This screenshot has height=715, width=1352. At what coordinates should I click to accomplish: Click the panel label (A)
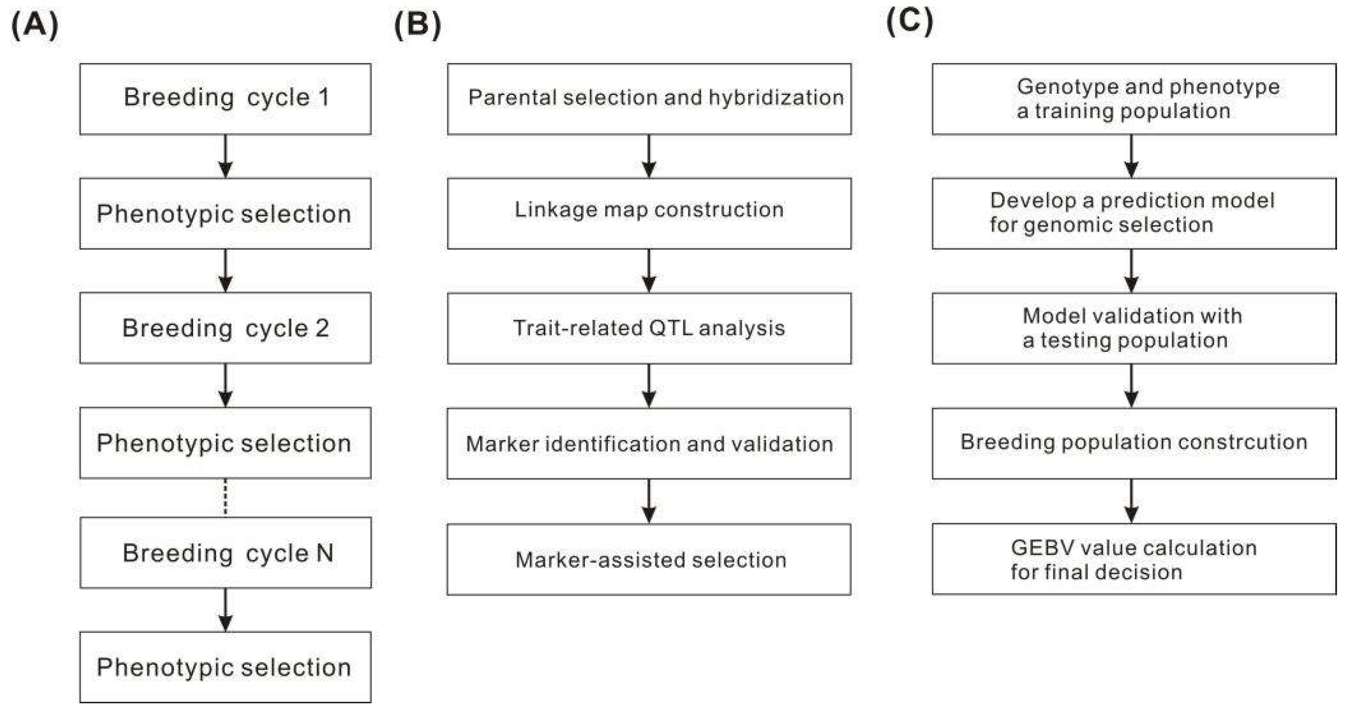[35, 25]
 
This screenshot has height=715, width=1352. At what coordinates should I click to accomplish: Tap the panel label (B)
[417, 25]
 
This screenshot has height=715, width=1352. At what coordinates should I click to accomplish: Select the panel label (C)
[910, 22]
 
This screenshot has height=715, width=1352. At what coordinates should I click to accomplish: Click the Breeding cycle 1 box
[225, 99]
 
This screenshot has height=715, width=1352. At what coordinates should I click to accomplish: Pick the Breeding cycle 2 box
[225, 328]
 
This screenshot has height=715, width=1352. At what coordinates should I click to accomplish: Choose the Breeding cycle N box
[225, 553]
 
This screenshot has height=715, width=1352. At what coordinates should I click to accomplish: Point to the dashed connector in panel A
[225, 497]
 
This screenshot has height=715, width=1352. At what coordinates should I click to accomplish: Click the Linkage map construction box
[649, 212]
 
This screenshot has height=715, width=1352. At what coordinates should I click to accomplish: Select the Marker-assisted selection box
[649, 560]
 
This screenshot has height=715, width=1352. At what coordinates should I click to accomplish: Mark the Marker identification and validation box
[649, 444]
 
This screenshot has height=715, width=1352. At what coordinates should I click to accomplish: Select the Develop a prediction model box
[1134, 212]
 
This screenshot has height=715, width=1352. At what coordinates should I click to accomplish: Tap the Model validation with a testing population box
[1134, 328]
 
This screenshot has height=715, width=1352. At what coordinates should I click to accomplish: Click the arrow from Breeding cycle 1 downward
[225, 156]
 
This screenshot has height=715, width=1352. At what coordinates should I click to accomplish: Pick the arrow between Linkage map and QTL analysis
[649, 270]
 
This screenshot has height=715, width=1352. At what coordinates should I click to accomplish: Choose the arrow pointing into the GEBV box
[1131, 500]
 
